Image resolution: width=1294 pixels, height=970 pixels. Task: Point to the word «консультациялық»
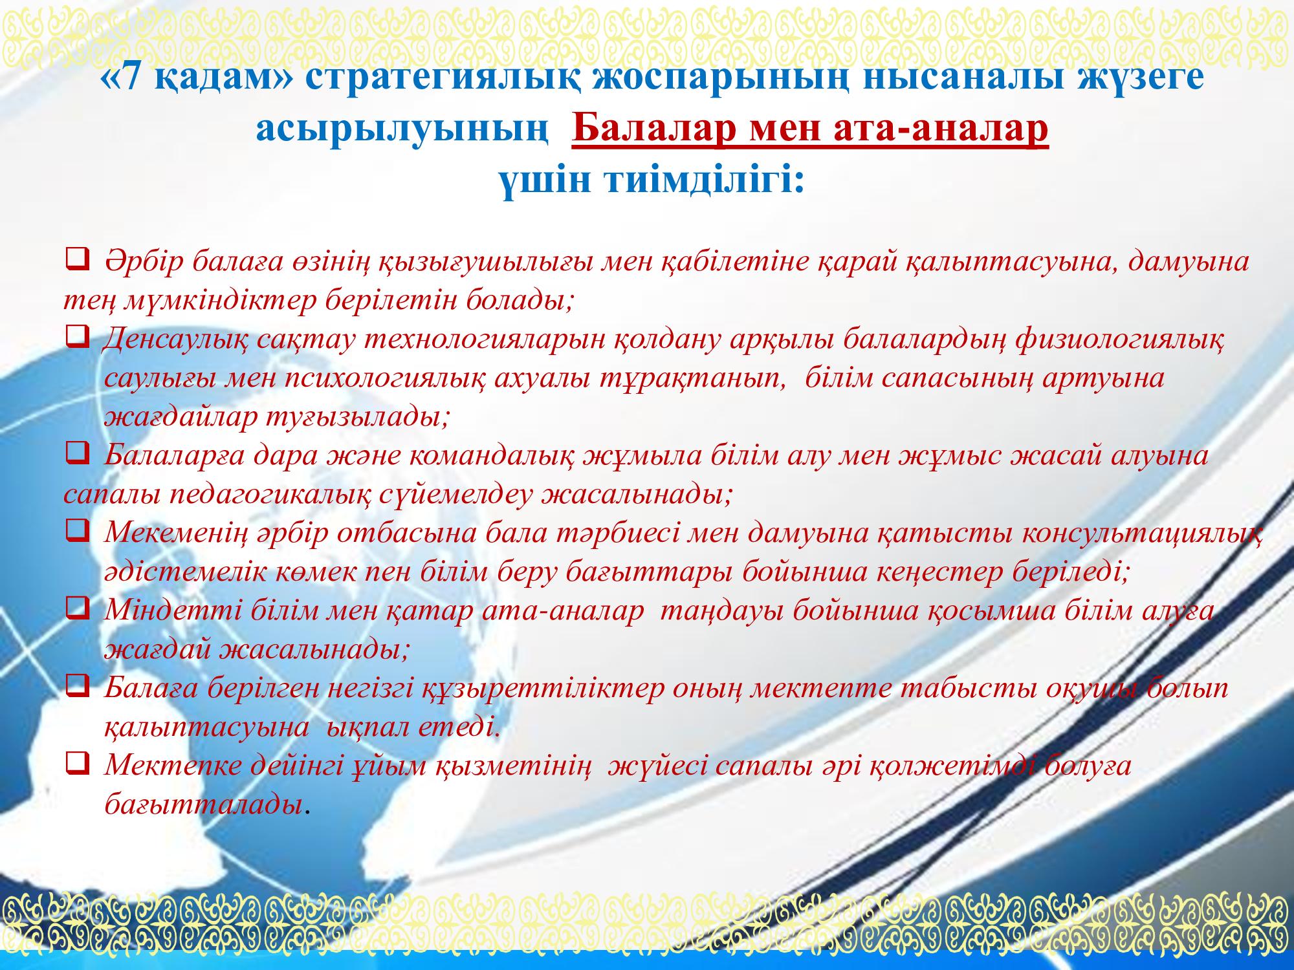pyautogui.click(x=1139, y=533)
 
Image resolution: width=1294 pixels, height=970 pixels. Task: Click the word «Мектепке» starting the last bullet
pyautogui.click(x=166, y=766)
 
